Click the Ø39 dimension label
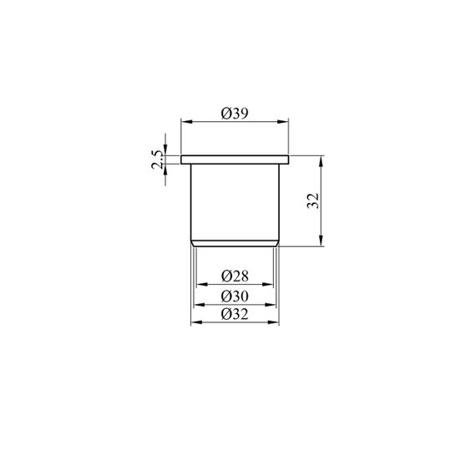point(235,114)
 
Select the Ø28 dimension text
point(235,276)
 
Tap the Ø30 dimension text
point(235,296)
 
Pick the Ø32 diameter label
point(235,314)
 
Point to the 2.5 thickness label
point(158,160)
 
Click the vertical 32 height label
point(313,200)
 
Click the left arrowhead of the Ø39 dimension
point(187,122)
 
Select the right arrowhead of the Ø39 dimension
point(283,122)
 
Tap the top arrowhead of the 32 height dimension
point(322,161)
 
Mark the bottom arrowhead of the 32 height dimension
point(322,241)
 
